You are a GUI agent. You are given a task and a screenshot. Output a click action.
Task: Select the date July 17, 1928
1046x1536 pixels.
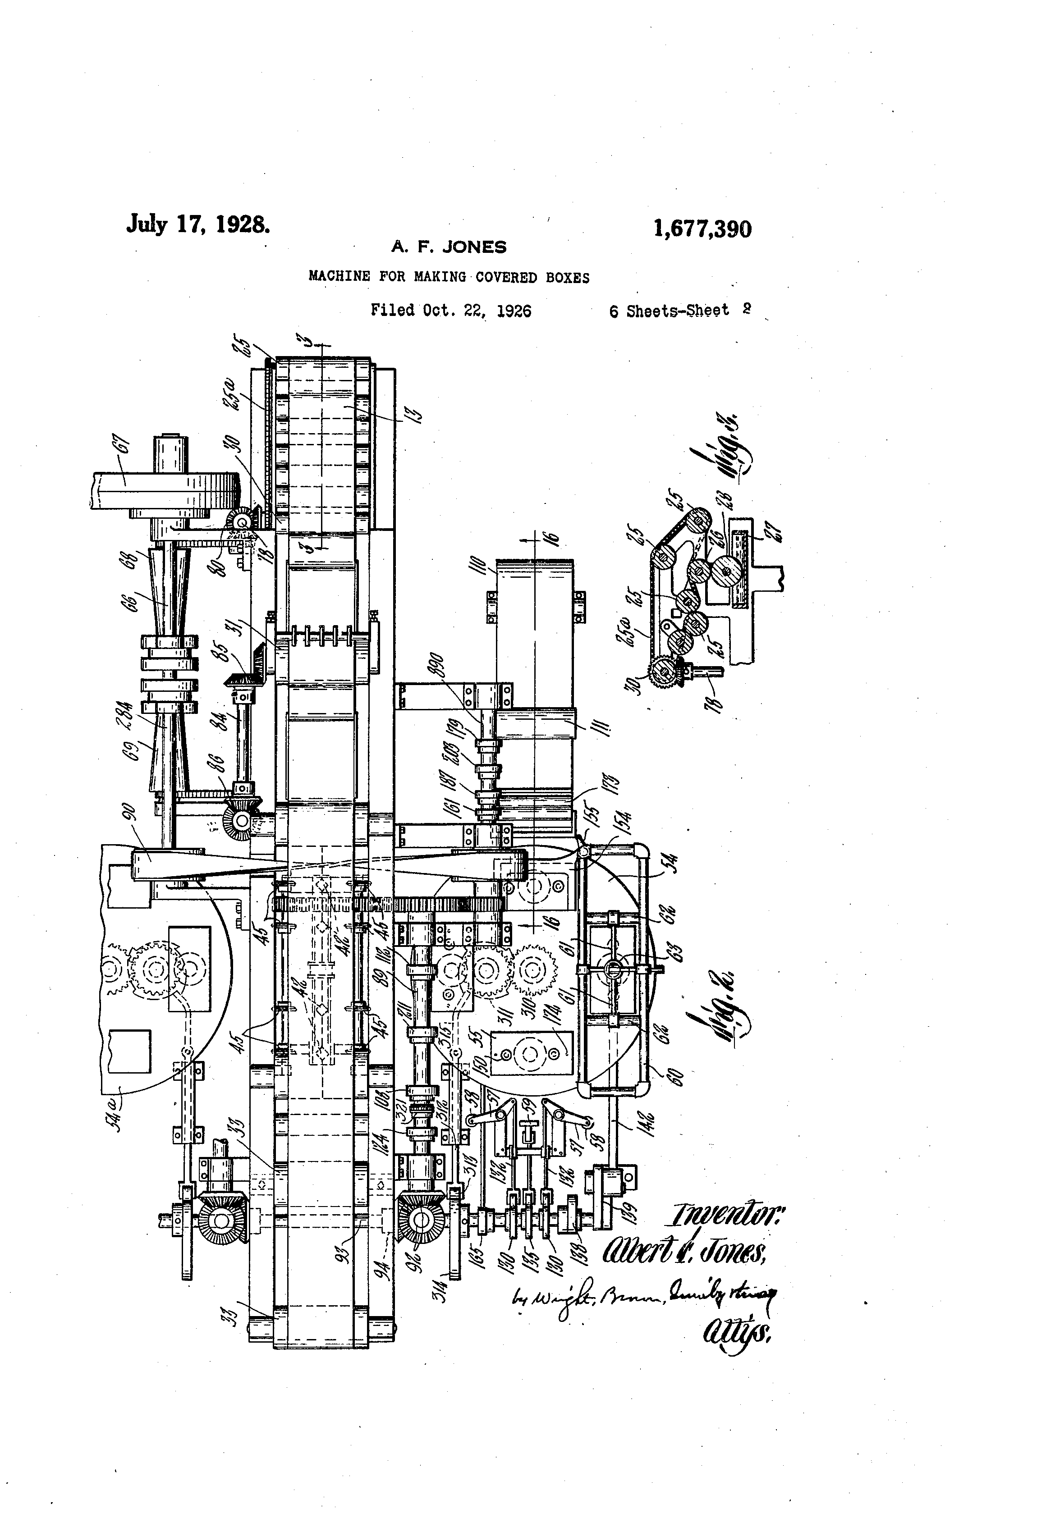tap(197, 224)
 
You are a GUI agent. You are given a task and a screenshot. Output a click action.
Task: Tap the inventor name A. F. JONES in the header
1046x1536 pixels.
tap(449, 247)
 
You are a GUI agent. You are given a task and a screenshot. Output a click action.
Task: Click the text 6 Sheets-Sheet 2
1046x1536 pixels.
tap(679, 311)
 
